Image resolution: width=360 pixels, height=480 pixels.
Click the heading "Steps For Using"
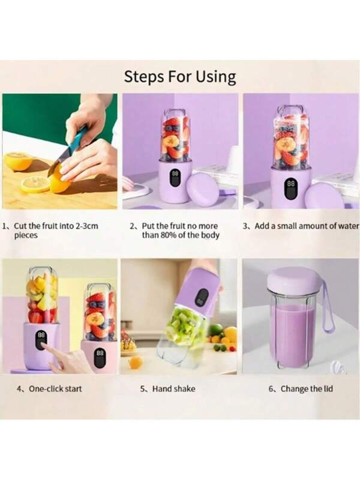(180, 77)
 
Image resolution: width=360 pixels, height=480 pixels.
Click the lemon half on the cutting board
(19, 161)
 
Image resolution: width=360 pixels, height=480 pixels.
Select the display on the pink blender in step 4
(100, 358)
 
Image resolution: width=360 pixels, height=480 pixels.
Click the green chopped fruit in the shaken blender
(184, 323)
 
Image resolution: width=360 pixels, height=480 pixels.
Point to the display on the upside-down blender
(202, 297)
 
